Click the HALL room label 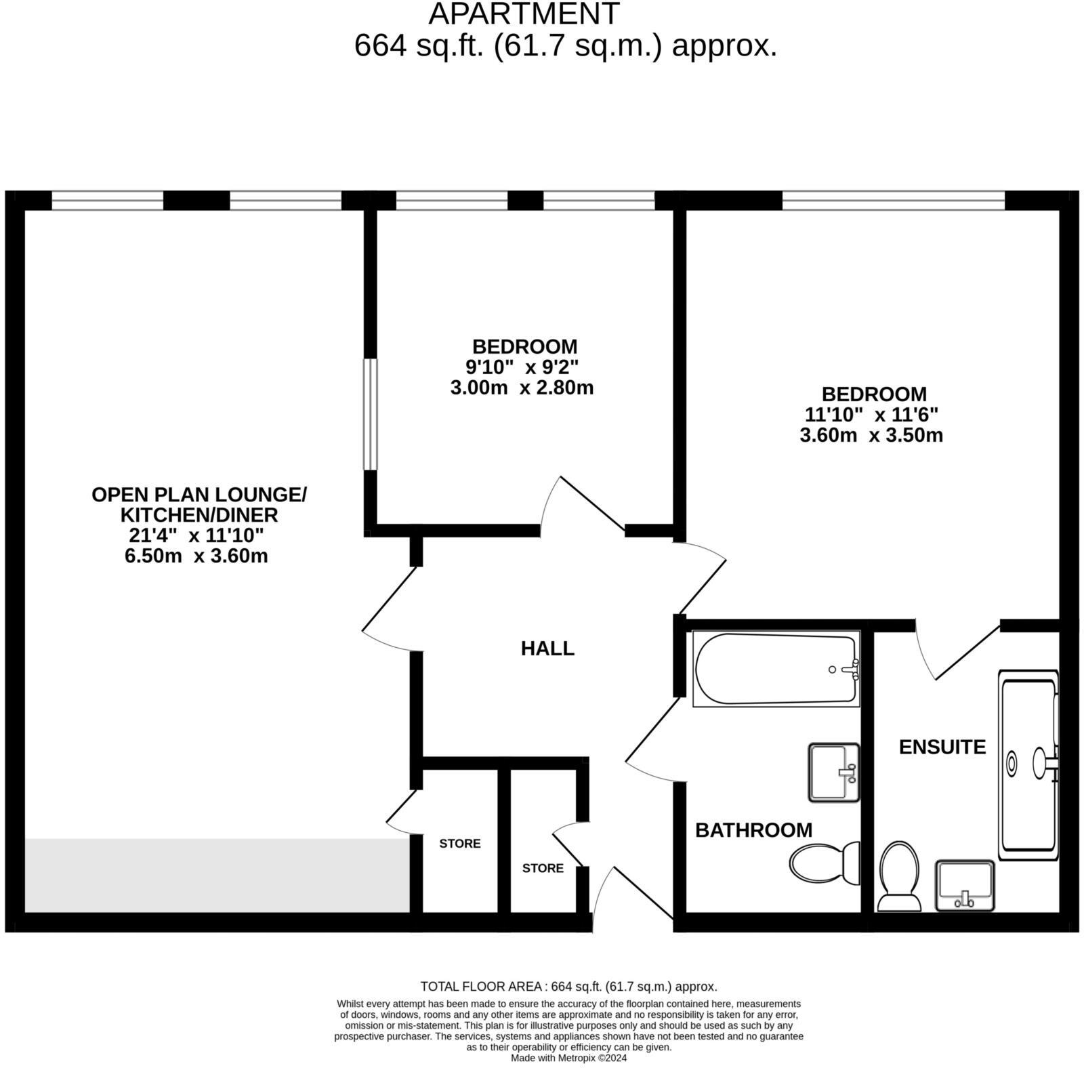[x=547, y=649]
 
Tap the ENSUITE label [x=942, y=747]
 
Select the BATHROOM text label [x=753, y=830]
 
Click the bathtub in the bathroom [x=776, y=669]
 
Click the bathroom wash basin [x=833, y=773]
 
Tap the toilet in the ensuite [x=899, y=876]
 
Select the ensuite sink [x=965, y=886]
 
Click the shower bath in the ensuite [x=1028, y=762]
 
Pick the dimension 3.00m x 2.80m [x=522, y=388]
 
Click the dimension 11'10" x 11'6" [x=871, y=415]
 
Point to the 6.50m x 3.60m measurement [x=196, y=556]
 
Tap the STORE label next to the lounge [x=459, y=844]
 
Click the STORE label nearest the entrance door [x=543, y=868]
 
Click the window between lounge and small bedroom [x=370, y=414]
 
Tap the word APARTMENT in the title [x=524, y=14]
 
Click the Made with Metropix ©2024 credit [x=568, y=1058]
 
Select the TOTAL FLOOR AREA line [x=568, y=987]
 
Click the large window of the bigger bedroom [x=893, y=201]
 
